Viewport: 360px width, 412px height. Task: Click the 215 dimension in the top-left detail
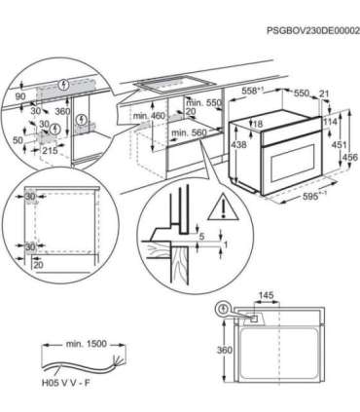[x=54, y=153]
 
